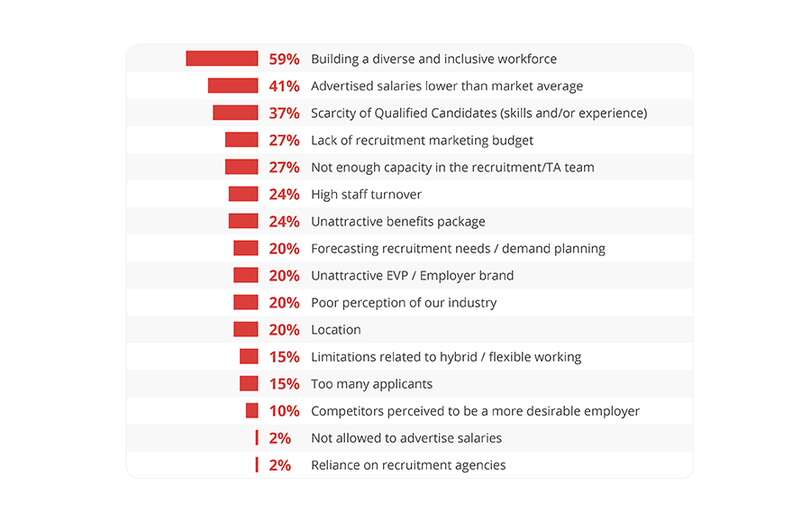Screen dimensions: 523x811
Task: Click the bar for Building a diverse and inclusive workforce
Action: pyautogui.click(x=222, y=59)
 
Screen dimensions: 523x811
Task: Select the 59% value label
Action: pyautogui.click(x=284, y=60)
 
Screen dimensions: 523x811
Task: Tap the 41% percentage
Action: pyautogui.click(x=284, y=87)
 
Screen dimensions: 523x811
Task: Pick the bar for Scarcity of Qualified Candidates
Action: pyautogui.click(x=235, y=113)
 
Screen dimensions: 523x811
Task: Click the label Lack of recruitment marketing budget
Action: pyautogui.click(x=422, y=141)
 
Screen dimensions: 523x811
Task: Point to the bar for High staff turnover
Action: pyautogui.click(x=243, y=194)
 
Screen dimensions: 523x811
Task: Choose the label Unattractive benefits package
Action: pyautogui.click(x=397, y=222)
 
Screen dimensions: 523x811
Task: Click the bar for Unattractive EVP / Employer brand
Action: pyautogui.click(x=245, y=275)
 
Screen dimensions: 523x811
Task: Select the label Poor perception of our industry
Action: pyautogui.click(x=403, y=303)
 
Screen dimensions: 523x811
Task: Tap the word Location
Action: pyautogui.click(x=335, y=330)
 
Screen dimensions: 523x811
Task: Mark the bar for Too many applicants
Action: pyautogui.click(x=249, y=383)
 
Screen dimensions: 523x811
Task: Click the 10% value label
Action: pyautogui.click(x=284, y=411)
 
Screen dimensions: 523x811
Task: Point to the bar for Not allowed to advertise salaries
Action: pyautogui.click(x=257, y=437)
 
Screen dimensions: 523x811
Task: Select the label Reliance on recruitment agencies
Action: pyautogui.click(x=408, y=465)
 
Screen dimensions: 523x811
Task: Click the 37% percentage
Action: pyautogui.click(x=284, y=114)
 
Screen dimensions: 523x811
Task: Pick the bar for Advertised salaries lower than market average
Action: pyautogui.click(x=232, y=86)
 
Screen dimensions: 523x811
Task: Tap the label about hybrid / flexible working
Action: pyautogui.click(x=446, y=357)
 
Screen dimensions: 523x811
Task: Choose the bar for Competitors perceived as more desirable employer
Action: pyautogui.click(x=251, y=410)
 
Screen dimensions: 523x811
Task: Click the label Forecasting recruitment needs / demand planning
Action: pyautogui.click(x=458, y=249)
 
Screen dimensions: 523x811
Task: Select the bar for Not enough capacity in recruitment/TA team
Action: pyautogui.click(x=241, y=167)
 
